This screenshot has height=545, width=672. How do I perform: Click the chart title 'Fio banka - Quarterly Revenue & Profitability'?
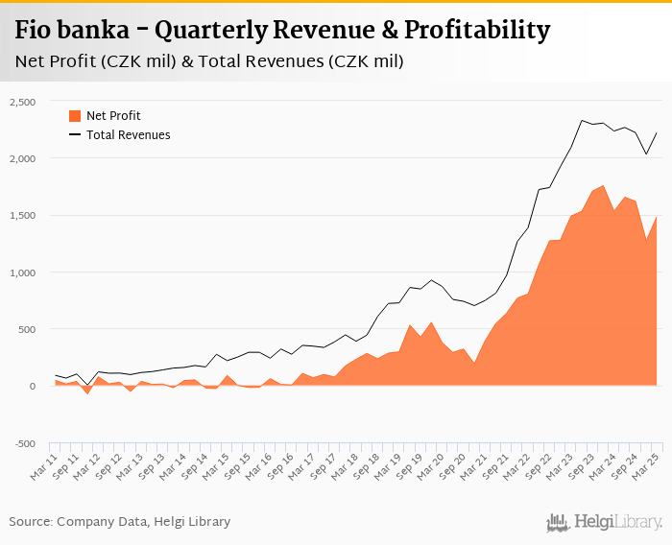[282, 30]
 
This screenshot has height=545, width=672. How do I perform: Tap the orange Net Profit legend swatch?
[75, 116]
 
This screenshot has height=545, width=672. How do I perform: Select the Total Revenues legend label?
[128, 135]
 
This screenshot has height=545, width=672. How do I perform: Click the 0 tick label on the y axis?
[32, 387]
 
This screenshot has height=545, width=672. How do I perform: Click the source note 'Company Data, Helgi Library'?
[120, 522]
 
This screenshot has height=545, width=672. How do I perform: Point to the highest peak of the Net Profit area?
[603, 186]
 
